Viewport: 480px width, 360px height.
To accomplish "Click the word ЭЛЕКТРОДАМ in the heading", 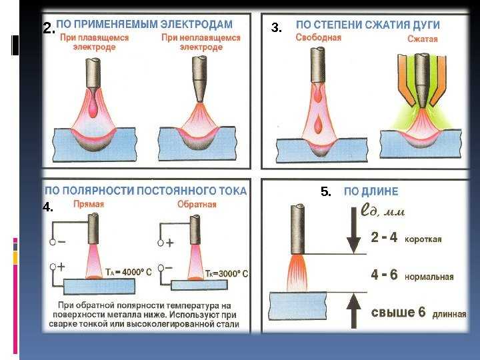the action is point(197,24).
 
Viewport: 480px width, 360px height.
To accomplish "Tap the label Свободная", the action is point(319,37).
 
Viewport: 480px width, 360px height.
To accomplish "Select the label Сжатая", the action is point(423,39).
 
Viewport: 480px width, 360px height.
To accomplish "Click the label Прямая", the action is point(89,204).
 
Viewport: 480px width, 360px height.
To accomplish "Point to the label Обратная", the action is point(197,205).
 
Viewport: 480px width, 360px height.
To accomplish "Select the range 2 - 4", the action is point(384,237).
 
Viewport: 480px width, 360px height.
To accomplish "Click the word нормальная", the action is point(429,277).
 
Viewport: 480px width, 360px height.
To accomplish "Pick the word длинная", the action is point(449,314).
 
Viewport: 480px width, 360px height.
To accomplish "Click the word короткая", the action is point(423,239).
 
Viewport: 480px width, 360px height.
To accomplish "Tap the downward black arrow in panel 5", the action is point(353,230).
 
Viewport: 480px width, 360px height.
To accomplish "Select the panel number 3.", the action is point(276,28).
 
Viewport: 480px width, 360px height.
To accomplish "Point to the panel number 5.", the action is point(326,191).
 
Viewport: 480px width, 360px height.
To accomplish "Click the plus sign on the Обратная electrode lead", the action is point(170,243).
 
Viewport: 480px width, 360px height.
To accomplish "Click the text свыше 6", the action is point(398,313).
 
